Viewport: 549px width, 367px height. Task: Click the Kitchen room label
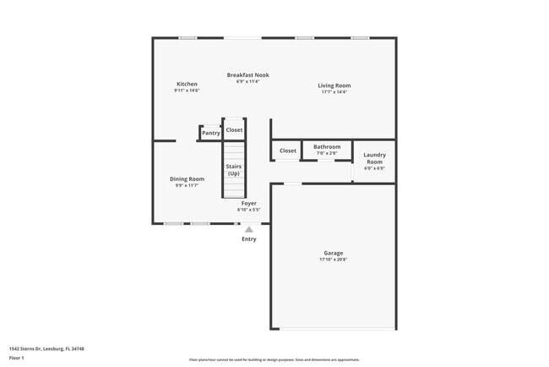click(187, 84)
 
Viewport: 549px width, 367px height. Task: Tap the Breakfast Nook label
click(247, 75)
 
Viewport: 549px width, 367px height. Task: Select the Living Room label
click(334, 85)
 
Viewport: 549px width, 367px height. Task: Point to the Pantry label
click(210, 133)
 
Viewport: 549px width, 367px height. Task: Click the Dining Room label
click(187, 178)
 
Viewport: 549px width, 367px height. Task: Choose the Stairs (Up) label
click(234, 170)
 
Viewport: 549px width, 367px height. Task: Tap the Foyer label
click(248, 203)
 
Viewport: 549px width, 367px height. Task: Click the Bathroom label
click(327, 146)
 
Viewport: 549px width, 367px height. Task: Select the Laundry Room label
click(374, 158)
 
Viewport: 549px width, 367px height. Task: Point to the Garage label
click(333, 253)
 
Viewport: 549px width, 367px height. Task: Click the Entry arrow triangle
click(248, 228)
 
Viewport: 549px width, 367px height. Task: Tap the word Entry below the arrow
click(248, 239)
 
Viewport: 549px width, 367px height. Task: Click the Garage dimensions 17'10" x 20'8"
click(333, 259)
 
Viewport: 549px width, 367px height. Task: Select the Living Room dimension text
click(334, 91)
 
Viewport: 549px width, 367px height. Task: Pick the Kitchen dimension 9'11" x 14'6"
click(187, 90)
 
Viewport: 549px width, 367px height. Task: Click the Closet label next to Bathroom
click(288, 151)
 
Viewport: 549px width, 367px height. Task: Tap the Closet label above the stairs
click(234, 130)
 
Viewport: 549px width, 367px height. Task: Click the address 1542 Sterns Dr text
click(46, 348)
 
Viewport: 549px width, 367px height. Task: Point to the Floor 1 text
click(17, 359)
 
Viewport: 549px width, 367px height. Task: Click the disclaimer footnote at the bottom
click(274, 359)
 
